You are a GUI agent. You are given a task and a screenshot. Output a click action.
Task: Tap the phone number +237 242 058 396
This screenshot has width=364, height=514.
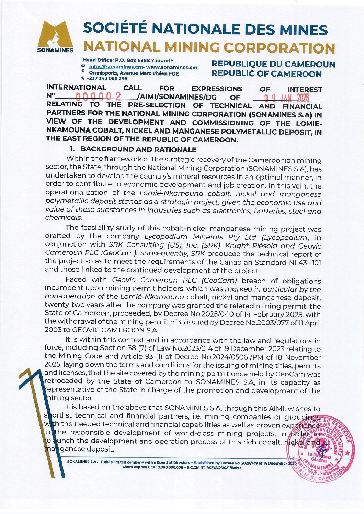[x=107, y=79]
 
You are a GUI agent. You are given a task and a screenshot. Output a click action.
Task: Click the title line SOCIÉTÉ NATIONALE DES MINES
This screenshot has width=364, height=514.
[x=205, y=30]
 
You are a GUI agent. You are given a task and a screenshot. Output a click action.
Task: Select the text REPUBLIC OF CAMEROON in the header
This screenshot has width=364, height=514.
[x=266, y=74]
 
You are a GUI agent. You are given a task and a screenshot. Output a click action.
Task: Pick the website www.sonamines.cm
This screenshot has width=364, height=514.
[x=172, y=67]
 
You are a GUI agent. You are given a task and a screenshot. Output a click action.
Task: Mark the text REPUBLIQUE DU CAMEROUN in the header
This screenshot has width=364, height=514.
[x=273, y=64]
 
